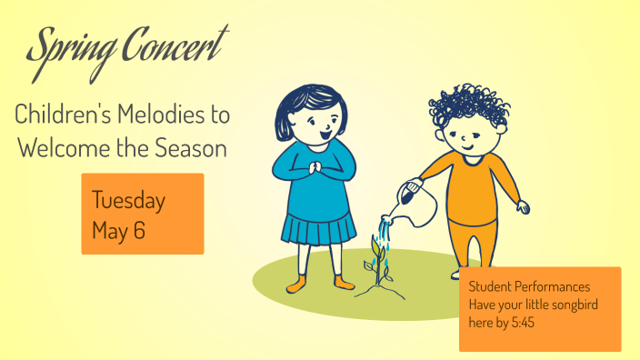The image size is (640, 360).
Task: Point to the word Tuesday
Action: (x=128, y=200)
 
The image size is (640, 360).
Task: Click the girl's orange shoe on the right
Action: (x=344, y=284)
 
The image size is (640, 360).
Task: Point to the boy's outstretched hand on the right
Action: (x=522, y=207)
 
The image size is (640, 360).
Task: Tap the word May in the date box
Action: (x=110, y=230)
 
